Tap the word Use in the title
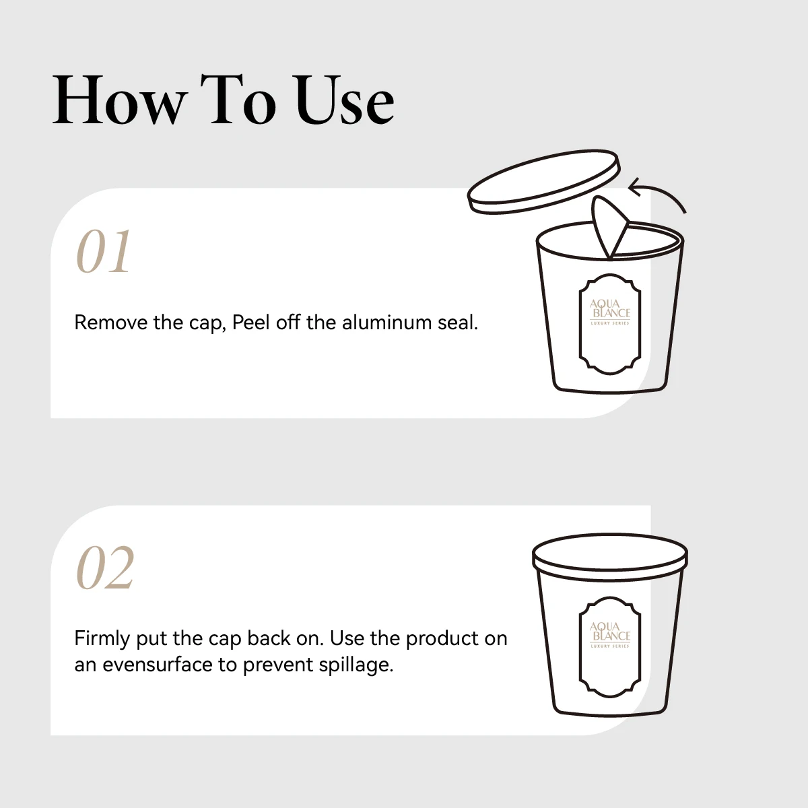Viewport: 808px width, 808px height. (x=345, y=100)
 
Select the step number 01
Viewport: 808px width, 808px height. (x=104, y=252)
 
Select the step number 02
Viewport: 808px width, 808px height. (x=105, y=568)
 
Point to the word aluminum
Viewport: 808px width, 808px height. (x=386, y=323)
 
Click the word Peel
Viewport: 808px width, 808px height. (x=250, y=323)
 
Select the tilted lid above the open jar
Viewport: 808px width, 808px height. (x=544, y=182)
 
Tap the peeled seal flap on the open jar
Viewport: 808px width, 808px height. (x=608, y=226)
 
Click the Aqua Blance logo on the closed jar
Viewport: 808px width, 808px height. (x=610, y=635)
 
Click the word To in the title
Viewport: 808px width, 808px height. (x=238, y=100)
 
